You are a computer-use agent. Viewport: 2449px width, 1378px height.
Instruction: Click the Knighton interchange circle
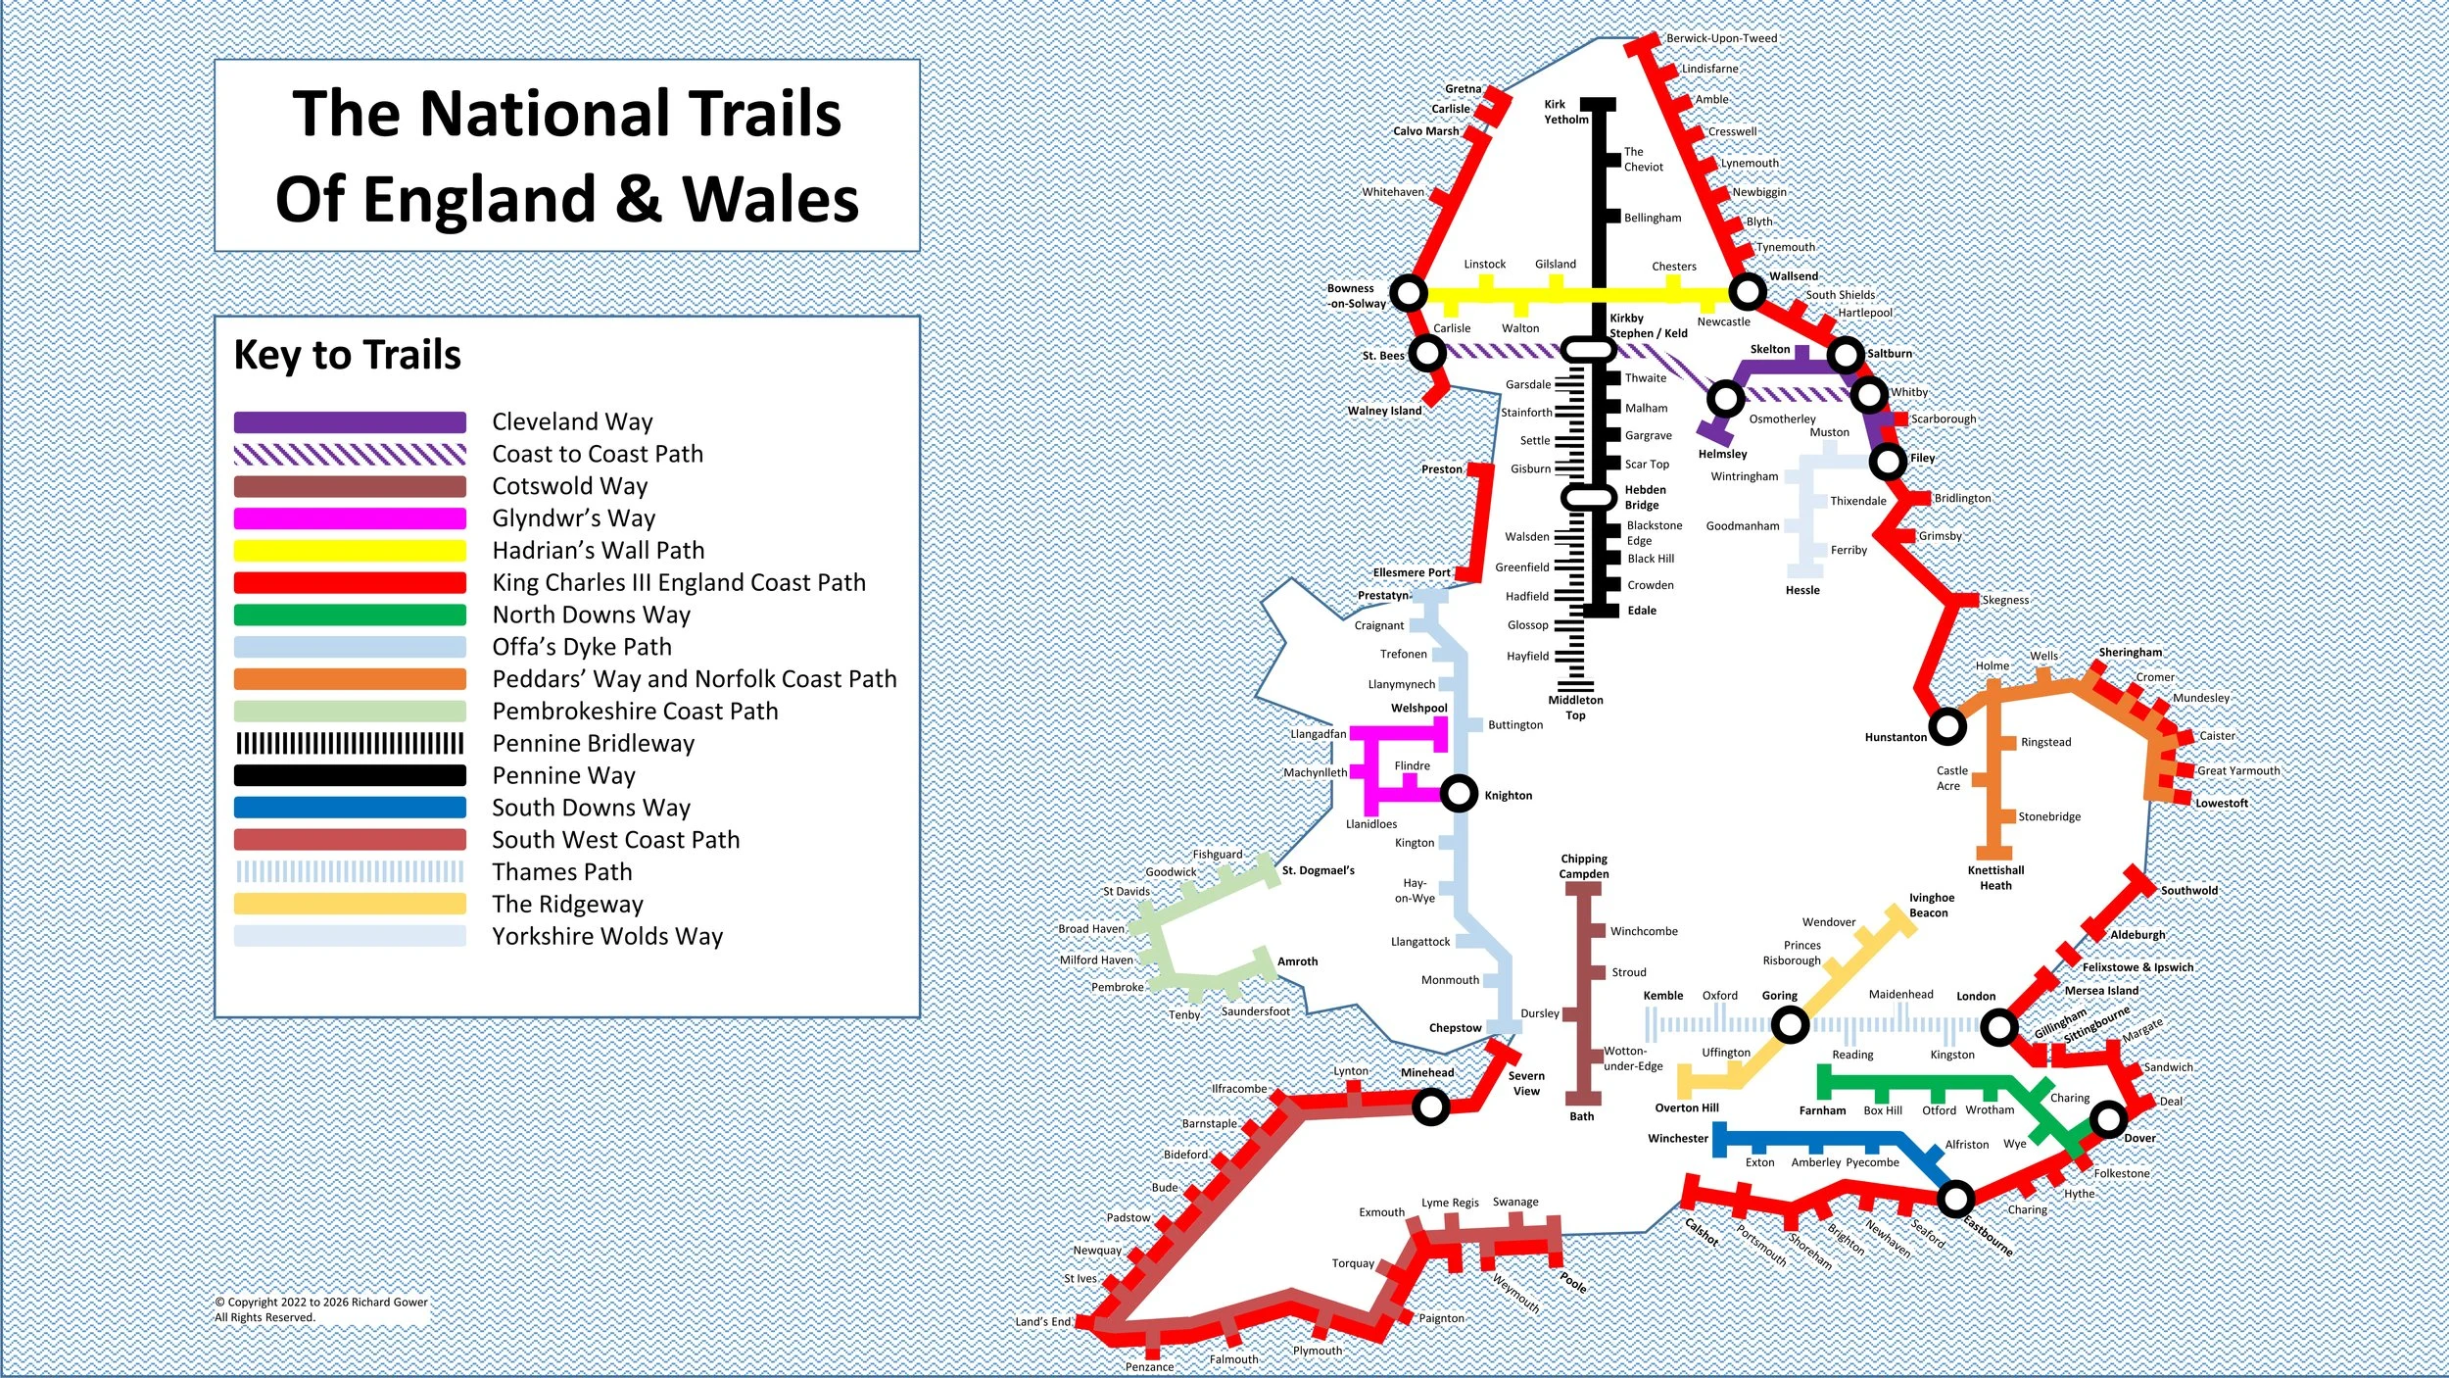(1459, 793)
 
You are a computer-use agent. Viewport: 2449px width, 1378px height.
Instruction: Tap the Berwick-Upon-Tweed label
(1721, 38)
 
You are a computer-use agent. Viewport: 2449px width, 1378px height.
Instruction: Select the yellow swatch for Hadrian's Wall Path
(350, 551)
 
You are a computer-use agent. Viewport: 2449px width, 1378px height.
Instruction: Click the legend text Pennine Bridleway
(593, 744)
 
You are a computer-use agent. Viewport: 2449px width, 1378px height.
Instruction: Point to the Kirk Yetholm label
(1565, 112)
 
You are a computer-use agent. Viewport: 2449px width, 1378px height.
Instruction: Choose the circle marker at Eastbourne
(1955, 1198)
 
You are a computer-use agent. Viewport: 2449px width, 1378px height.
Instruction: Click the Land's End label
(1042, 1321)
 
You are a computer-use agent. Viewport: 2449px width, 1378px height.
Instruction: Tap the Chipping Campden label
(1584, 866)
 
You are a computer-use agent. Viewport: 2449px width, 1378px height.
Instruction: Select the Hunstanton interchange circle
(1947, 726)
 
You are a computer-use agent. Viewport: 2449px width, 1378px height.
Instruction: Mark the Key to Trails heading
(347, 355)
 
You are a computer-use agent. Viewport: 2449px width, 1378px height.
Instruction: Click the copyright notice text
(321, 1309)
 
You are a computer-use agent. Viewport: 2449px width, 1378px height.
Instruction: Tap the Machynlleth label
(1315, 772)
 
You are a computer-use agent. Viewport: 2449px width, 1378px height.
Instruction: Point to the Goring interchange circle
(1790, 1026)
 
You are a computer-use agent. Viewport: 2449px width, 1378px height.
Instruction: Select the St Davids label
(1126, 891)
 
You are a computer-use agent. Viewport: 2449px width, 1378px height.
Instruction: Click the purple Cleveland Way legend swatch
(350, 422)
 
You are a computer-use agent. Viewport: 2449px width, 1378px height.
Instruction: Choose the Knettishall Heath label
(1995, 877)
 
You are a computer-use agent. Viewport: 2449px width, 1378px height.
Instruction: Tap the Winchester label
(1677, 1138)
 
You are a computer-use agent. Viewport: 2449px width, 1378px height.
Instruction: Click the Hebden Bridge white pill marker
(1587, 498)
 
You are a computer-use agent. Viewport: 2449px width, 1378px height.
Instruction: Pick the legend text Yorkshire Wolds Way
(607, 937)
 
